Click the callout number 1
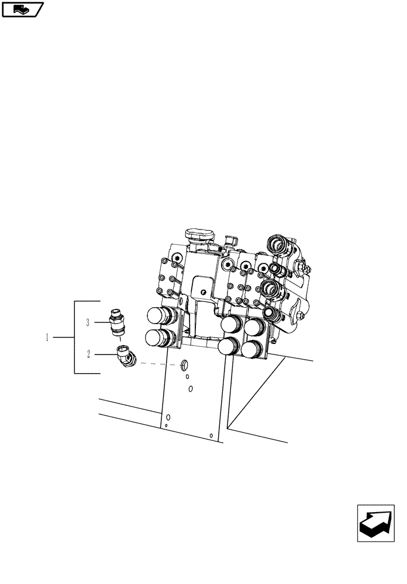click(x=47, y=338)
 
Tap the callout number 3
click(x=88, y=322)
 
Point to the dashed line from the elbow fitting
click(x=158, y=364)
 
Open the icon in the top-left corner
click(x=23, y=9)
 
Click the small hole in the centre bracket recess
click(x=202, y=292)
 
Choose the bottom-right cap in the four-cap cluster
click(x=252, y=351)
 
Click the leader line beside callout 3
click(x=101, y=322)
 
